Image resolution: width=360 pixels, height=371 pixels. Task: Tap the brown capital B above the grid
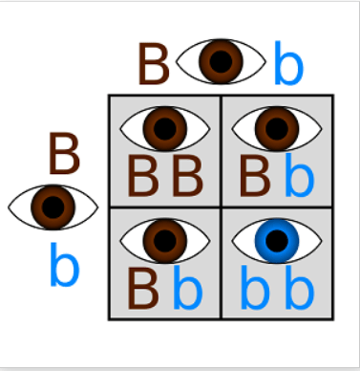(x=154, y=64)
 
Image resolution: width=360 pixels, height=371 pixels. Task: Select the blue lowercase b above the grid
(x=288, y=63)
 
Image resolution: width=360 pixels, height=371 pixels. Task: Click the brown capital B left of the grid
(x=64, y=154)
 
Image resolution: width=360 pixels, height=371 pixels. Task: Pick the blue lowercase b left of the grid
(x=64, y=264)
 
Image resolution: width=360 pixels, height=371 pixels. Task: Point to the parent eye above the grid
(x=221, y=61)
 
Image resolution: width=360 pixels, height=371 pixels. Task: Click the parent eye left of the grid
(x=53, y=207)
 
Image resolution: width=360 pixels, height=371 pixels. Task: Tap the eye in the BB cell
(x=164, y=128)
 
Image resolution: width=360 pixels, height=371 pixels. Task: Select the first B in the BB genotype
(x=142, y=175)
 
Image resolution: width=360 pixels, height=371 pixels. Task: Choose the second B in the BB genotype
(x=187, y=175)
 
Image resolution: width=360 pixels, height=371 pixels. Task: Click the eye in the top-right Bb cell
(x=277, y=128)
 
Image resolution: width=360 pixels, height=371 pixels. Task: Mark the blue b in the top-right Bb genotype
(x=300, y=174)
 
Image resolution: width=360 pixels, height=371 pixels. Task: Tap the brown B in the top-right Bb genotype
(x=255, y=175)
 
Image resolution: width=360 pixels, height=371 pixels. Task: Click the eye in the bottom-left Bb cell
(x=164, y=241)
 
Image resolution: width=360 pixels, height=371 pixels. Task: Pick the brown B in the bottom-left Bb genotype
(x=142, y=288)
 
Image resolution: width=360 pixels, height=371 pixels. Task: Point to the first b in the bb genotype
(x=255, y=287)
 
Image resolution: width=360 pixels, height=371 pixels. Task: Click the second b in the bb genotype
(x=300, y=287)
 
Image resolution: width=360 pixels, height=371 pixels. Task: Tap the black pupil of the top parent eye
(x=221, y=61)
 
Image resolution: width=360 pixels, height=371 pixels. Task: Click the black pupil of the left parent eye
(x=53, y=207)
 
